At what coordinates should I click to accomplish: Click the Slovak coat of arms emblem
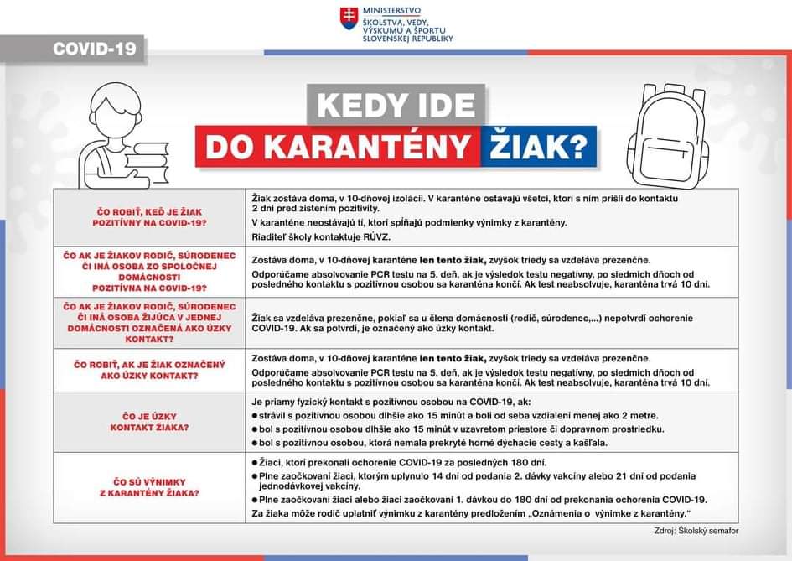click(x=349, y=18)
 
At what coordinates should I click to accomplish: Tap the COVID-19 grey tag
click(x=94, y=49)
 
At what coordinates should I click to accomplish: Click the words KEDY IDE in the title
click(x=396, y=105)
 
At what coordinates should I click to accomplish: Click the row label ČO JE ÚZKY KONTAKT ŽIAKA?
click(x=149, y=422)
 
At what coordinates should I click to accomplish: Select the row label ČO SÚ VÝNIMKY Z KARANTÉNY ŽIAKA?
click(x=149, y=487)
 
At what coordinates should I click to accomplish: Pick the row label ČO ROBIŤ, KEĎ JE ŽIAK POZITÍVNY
click(x=149, y=218)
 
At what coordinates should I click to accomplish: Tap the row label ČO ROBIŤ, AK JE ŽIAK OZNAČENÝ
click(x=149, y=370)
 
